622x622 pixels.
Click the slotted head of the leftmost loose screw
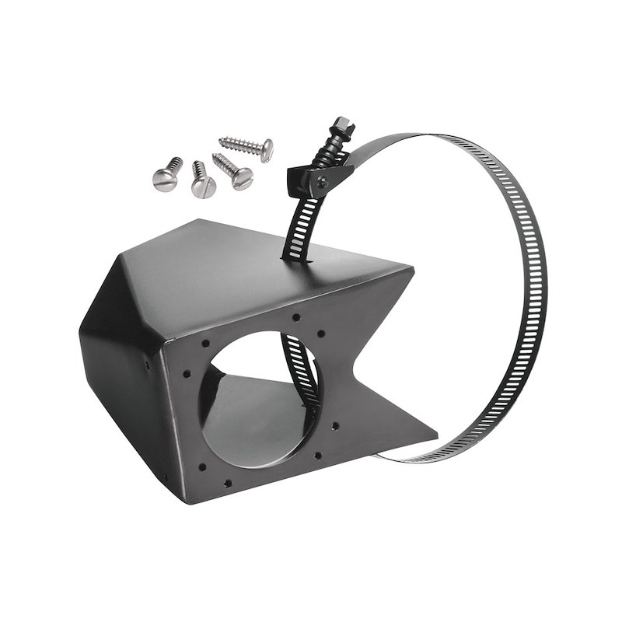click(x=164, y=180)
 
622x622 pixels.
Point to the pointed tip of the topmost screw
click(x=220, y=141)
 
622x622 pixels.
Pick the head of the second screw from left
click(x=203, y=187)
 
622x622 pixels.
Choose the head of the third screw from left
click(x=242, y=178)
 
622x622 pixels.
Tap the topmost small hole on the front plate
click(x=296, y=317)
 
